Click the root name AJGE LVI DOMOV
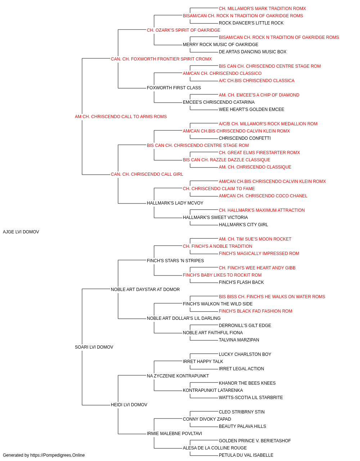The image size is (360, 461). (x=21, y=232)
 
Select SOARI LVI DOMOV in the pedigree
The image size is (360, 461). (x=94, y=347)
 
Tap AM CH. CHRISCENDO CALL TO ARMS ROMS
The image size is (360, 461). (x=121, y=117)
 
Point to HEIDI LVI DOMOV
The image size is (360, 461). (x=129, y=405)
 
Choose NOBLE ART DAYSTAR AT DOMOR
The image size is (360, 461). (x=145, y=290)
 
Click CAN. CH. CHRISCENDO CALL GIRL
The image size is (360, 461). (x=147, y=174)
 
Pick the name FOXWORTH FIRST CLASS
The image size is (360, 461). (x=174, y=88)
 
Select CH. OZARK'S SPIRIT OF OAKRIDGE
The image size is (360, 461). (x=184, y=30)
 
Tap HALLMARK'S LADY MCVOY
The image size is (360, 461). (x=175, y=203)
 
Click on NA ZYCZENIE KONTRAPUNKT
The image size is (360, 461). (x=178, y=376)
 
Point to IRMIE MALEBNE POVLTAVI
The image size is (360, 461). (x=175, y=434)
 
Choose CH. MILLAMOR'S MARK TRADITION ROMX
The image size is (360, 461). (x=262, y=9)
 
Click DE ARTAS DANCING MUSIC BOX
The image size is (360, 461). (x=252, y=52)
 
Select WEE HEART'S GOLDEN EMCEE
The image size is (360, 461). (x=251, y=109)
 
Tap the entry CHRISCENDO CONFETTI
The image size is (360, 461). (x=245, y=138)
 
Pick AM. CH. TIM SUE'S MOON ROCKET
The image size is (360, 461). (x=255, y=239)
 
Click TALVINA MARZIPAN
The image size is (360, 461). (x=239, y=340)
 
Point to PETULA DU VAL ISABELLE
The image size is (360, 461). (x=246, y=455)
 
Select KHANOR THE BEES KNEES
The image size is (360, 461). (x=247, y=383)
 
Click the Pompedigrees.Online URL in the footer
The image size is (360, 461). (x=58, y=455)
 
